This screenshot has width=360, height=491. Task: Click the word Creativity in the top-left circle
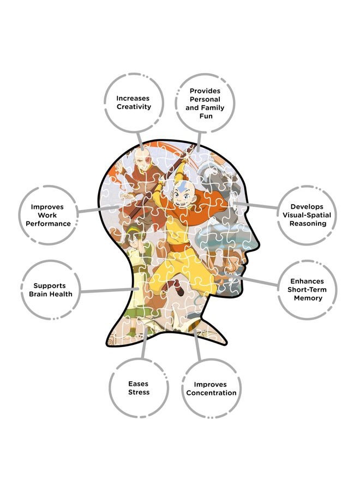click(134, 107)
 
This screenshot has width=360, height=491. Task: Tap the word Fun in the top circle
click(206, 116)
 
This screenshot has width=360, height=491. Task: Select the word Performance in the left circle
click(48, 224)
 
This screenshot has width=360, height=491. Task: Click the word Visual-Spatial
click(307, 215)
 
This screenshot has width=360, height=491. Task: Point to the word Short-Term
click(307, 290)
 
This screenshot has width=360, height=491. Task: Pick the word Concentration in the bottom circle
click(211, 393)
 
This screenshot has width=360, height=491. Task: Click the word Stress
click(139, 392)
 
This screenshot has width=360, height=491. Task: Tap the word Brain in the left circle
click(38, 294)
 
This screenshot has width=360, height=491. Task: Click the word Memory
click(308, 298)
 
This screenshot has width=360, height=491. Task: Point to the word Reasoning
click(308, 224)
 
